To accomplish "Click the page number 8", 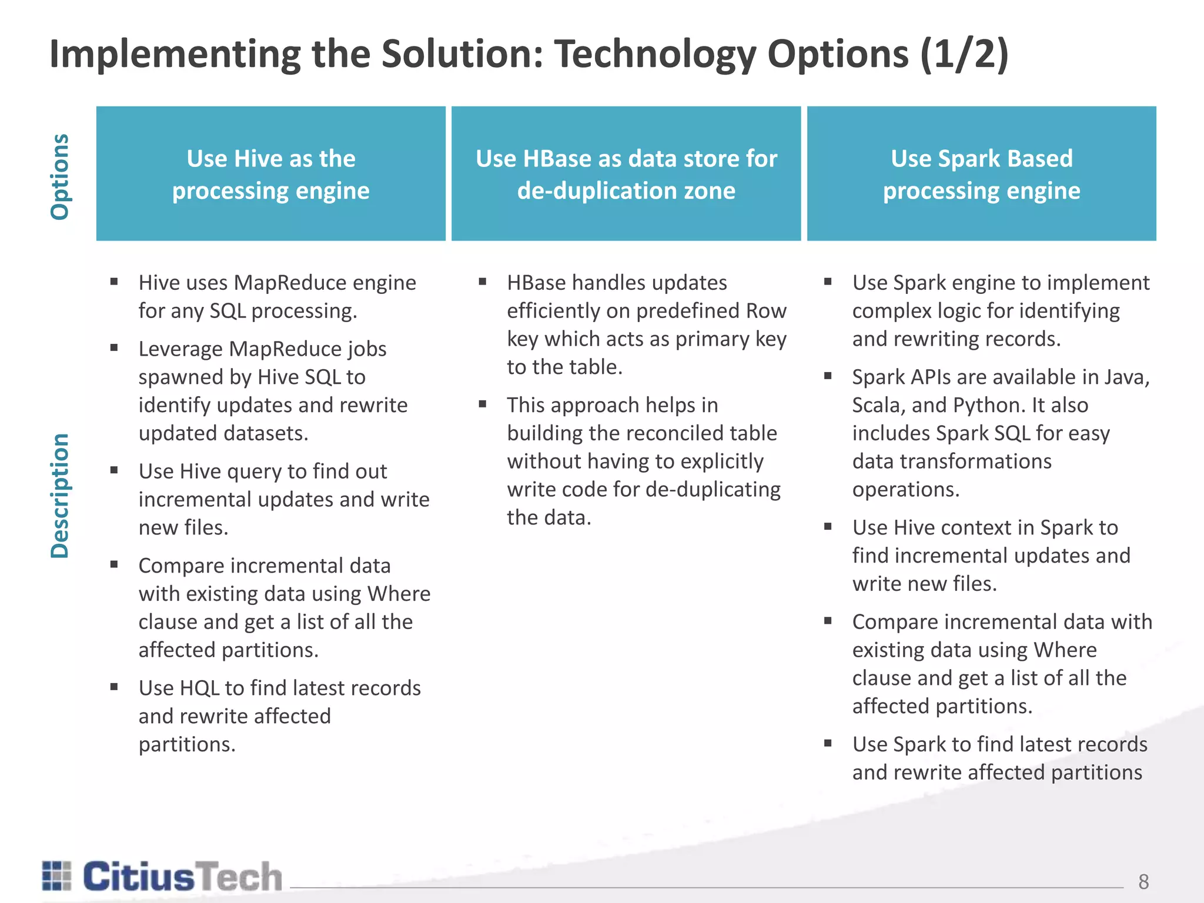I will [1143, 881].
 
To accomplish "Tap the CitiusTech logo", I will [162, 877].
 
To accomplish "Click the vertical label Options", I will [60, 176].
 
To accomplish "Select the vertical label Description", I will [60, 496].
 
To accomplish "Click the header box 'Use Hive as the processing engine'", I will [271, 173].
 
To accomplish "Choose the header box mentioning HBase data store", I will [626, 173].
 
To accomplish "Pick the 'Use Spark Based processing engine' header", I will [981, 173].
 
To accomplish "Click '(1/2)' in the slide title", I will [964, 54].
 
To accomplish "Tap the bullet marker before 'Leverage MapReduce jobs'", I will [114, 347].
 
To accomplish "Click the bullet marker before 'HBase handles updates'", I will [483, 281].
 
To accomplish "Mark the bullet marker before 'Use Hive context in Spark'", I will [828, 526].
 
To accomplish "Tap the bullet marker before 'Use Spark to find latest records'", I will [828, 743].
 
